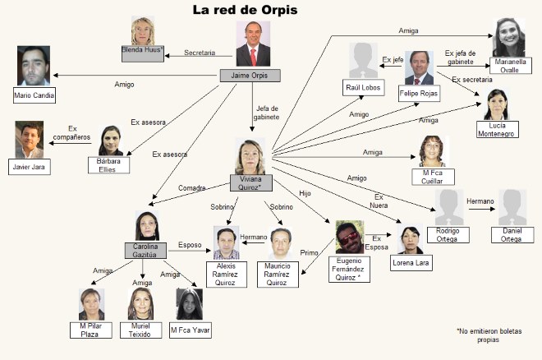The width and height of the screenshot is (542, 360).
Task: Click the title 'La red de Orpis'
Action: (x=245, y=10)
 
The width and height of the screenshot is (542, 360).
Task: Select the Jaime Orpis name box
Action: (x=250, y=76)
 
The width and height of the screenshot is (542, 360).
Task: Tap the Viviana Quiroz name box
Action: (x=251, y=183)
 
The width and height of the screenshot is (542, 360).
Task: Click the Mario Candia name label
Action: (x=34, y=95)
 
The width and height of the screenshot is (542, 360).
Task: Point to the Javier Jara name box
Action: (x=30, y=167)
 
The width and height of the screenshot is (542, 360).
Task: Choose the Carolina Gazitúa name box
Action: (x=145, y=251)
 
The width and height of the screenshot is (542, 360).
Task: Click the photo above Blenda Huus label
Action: (x=143, y=31)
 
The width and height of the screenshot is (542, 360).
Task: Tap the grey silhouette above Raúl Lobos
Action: (x=363, y=61)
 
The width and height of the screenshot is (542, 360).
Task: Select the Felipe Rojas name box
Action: (x=419, y=94)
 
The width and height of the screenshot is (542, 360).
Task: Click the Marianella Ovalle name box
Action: (x=511, y=66)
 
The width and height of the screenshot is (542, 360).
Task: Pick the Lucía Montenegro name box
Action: (x=498, y=129)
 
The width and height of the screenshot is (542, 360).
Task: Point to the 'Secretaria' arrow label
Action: (x=200, y=53)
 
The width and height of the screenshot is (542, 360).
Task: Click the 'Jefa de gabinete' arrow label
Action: (x=267, y=113)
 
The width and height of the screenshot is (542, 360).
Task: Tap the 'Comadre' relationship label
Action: (x=192, y=187)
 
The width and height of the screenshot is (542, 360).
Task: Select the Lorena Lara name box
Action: (x=411, y=263)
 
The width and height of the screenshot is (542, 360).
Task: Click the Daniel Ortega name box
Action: (x=512, y=235)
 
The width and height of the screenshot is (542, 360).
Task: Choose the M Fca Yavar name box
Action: (x=191, y=330)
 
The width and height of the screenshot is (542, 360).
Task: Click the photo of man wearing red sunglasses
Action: (x=350, y=238)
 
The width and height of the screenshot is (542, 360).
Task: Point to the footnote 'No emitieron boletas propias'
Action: (x=489, y=335)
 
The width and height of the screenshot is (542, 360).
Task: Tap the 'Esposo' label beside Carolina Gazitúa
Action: (x=190, y=245)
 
